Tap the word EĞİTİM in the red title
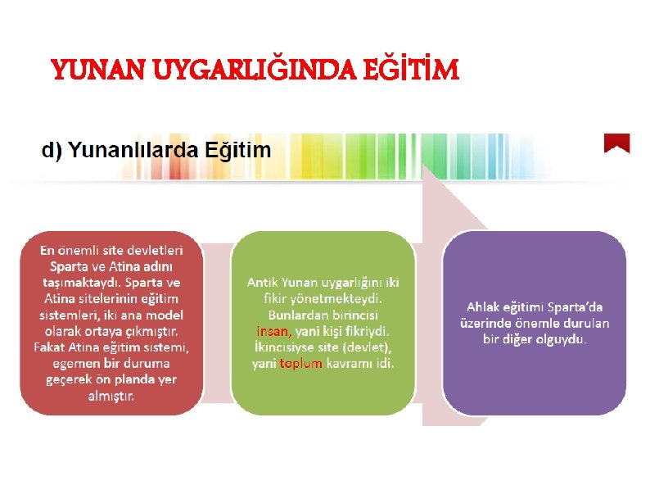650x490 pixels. (x=418, y=71)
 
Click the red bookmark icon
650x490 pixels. (x=616, y=143)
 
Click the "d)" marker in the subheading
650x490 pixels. (x=53, y=150)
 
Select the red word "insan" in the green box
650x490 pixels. (x=272, y=332)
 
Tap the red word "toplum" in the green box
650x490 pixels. (x=300, y=363)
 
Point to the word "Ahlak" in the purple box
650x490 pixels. (x=485, y=306)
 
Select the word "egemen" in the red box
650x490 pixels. (x=74, y=363)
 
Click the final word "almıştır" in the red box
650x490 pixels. (x=111, y=395)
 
